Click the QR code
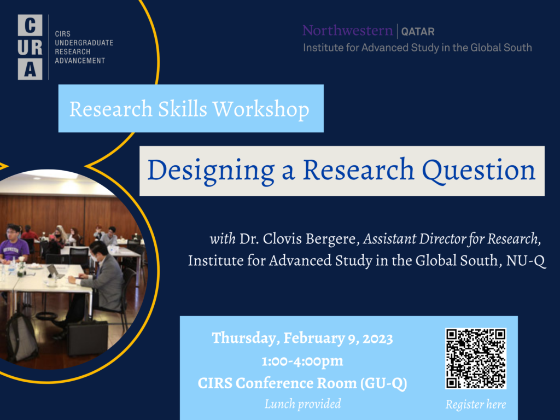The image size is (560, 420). coord(476,358)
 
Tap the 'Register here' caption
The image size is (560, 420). coord(476,404)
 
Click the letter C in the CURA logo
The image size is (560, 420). coord(30,25)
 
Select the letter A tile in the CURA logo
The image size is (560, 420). coord(30,69)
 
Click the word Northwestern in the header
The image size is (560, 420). coord(347,31)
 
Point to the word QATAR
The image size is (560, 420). coord(418,32)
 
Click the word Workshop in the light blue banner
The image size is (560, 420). coord(261,109)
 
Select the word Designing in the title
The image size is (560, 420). coord(211,171)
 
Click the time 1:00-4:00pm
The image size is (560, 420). coord(302,361)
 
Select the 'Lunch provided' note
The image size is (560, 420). coord(302,404)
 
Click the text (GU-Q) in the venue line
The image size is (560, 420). coord(383,383)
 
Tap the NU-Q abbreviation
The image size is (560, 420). coord(526,261)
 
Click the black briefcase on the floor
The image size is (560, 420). coord(87,337)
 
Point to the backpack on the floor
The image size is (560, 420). coord(22,337)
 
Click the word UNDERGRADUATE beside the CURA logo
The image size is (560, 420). coord(84,43)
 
